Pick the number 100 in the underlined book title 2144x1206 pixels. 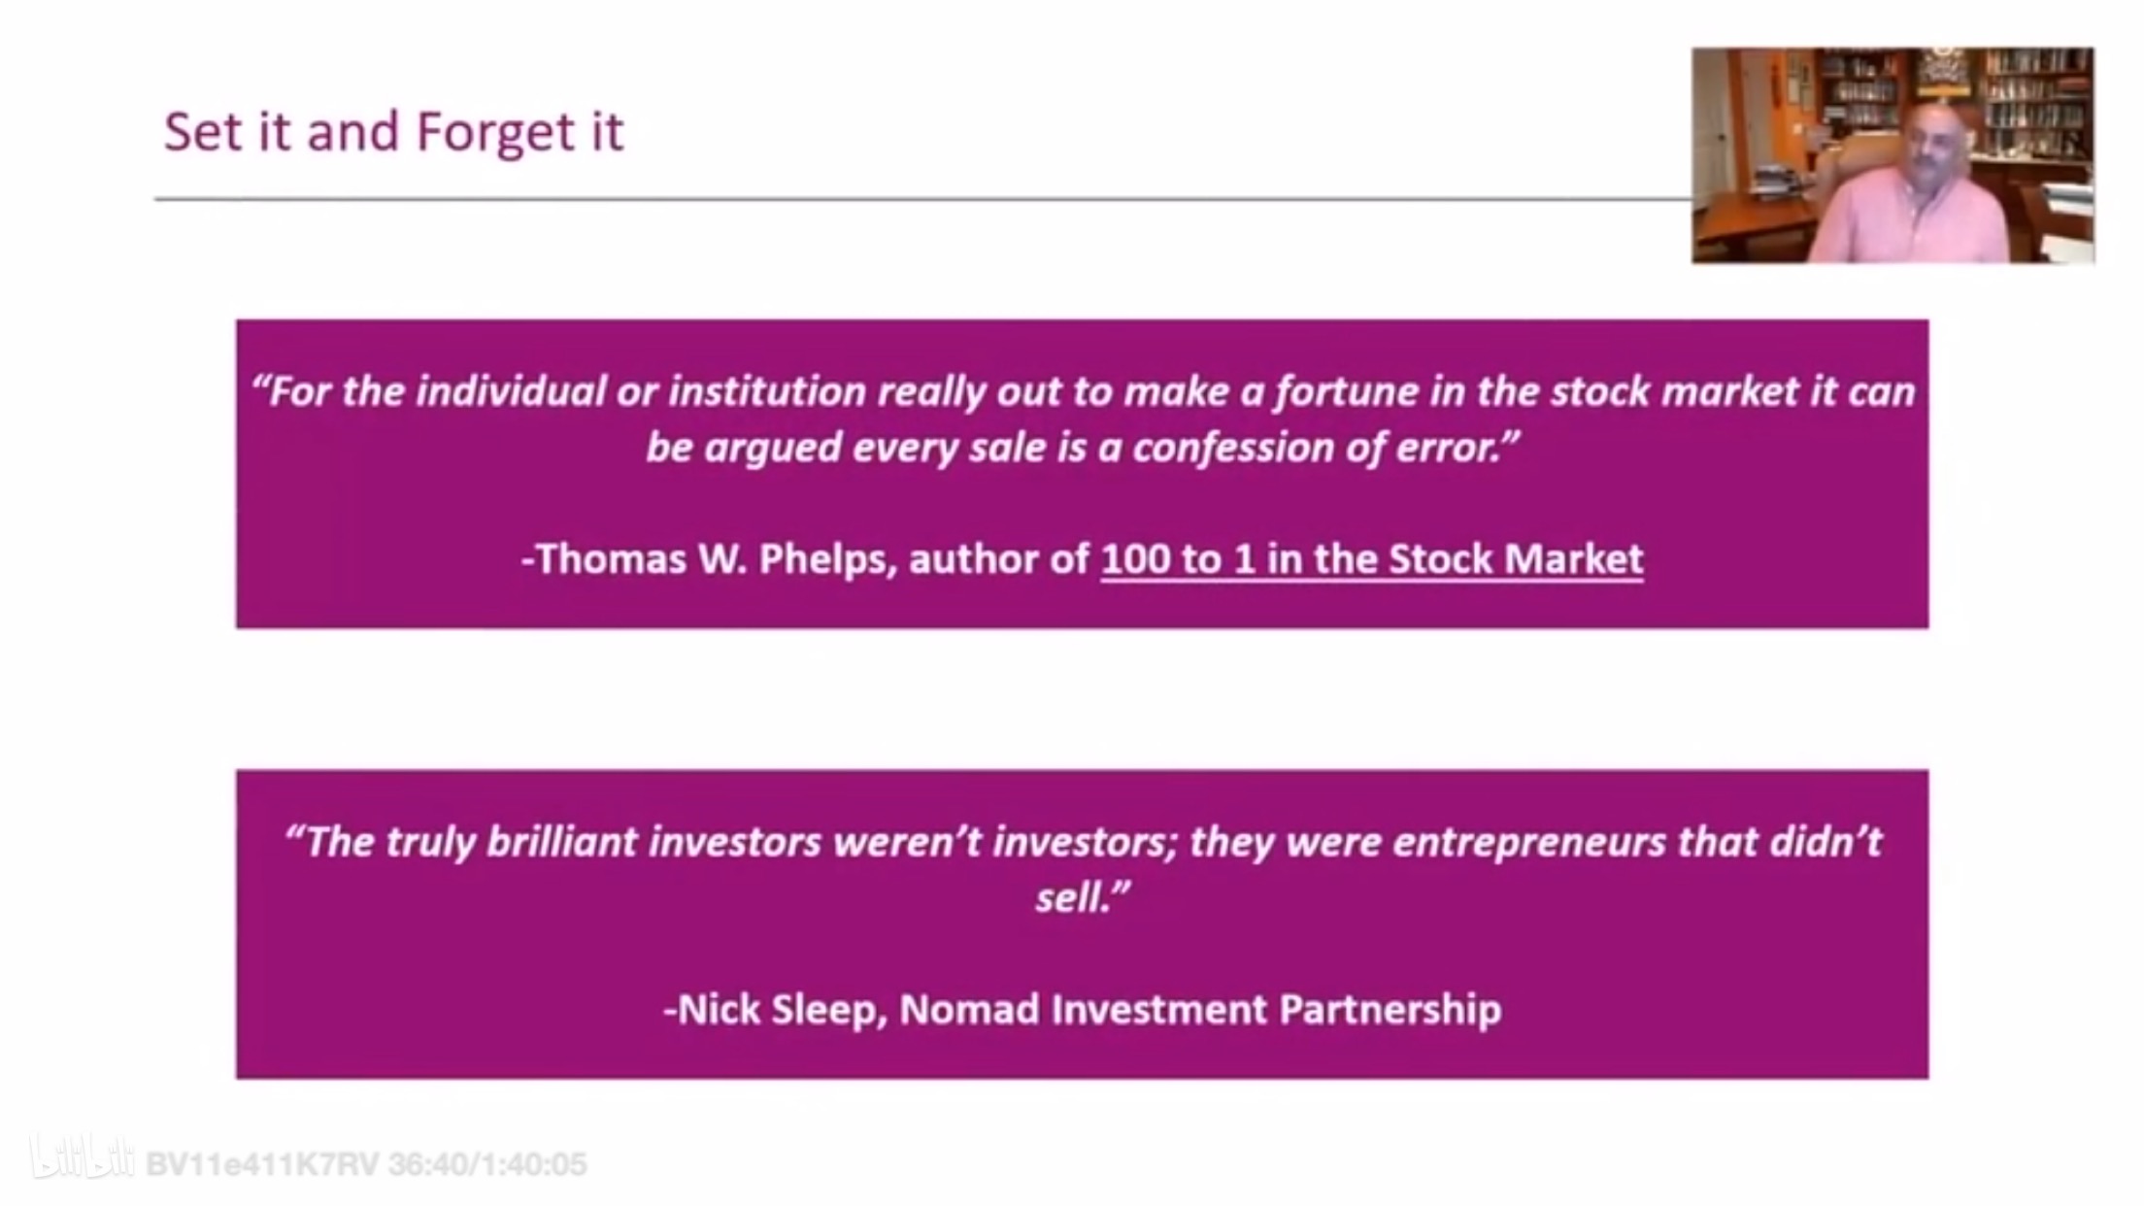[1138, 559]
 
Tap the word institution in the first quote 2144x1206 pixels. [768, 391]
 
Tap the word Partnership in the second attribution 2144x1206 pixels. [1390, 1011]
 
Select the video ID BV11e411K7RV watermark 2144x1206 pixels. [262, 1164]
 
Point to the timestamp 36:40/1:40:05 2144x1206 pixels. [487, 1164]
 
